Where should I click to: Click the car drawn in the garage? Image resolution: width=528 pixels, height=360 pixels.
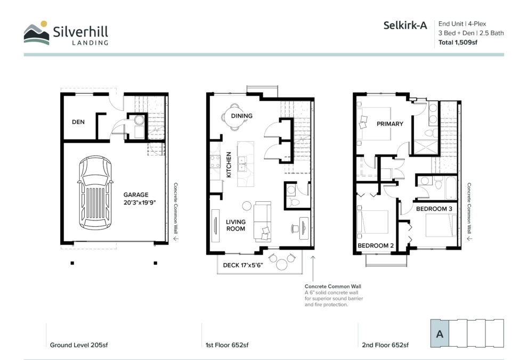tap(95, 193)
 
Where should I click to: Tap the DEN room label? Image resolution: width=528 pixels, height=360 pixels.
tap(78, 122)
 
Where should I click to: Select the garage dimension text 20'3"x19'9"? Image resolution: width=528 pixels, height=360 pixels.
tap(140, 202)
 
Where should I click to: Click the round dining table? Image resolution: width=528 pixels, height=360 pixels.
tap(234, 117)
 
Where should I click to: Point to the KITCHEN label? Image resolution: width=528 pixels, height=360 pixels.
tap(229, 165)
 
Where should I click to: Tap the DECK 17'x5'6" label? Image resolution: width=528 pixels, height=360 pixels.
tap(243, 265)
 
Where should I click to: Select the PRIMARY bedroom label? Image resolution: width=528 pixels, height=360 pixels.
tap(389, 124)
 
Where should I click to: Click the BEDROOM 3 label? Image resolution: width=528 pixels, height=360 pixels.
tap(434, 209)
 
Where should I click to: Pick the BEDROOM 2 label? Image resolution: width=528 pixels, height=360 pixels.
tap(376, 246)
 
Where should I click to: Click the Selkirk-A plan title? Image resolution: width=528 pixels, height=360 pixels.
tap(405, 25)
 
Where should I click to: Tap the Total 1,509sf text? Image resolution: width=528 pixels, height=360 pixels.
tap(458, 43)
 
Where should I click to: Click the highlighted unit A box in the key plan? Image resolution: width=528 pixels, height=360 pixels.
tap(440, 333)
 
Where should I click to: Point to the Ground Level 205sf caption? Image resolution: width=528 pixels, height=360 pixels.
tap(79, 345)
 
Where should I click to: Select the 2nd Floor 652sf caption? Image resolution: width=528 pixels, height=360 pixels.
tap(385, 345)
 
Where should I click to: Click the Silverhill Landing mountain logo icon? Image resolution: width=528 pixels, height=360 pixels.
tap(36, 33)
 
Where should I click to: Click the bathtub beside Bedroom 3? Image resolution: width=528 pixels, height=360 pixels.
tap(451, 188)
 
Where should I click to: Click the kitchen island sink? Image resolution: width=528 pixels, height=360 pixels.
tap(242, 164)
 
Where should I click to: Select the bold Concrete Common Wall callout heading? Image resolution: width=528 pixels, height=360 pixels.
tap(332, 287)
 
